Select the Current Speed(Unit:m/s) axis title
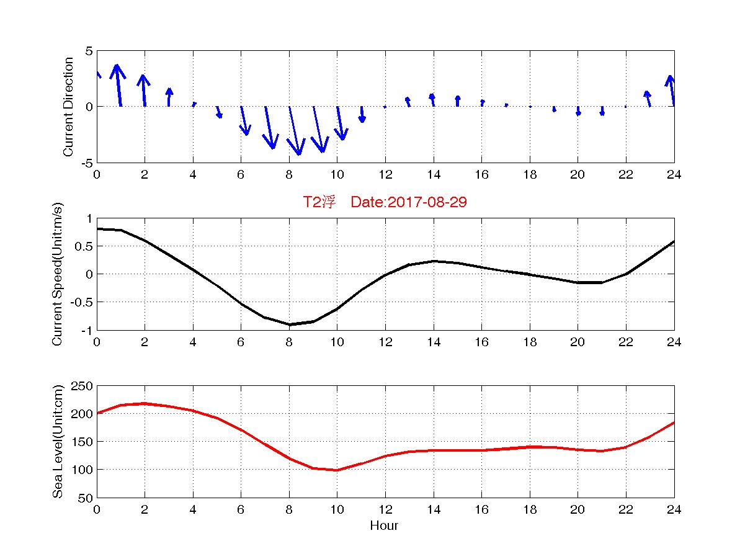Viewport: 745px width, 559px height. pyautogui.click(x=58, y=274)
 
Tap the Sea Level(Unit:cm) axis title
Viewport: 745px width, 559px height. pyautogui.click(x=58, y=442)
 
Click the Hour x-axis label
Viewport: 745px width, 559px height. pyautogui.click(x=384, y=525)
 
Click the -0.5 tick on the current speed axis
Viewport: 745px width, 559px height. pyautogui.click(x=82, y=302)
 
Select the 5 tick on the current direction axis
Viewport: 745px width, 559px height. pyautogui.click(x=90, y=51)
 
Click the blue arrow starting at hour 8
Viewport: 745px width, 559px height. pyautogui.click(x=295, y=130)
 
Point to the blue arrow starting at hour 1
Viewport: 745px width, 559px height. pyautogui.click(x=118, y=85)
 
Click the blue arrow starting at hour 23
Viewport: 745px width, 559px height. pyautogui.click(x=648, y=99)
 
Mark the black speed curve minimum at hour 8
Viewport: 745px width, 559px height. pyautogui.click(x=289, y=324)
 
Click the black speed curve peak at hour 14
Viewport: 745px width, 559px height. pyautogui.click(x=434, y=261)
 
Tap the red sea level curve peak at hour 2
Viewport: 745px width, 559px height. pyautogui.click(x=145, y=403)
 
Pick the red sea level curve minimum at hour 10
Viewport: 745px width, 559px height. pyautogui.click(x=337, y=470)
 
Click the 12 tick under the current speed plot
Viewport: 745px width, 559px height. pyautogui.click(x=385, y=342)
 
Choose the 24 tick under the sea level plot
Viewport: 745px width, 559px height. pyautogui.click(x=674, y=509)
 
